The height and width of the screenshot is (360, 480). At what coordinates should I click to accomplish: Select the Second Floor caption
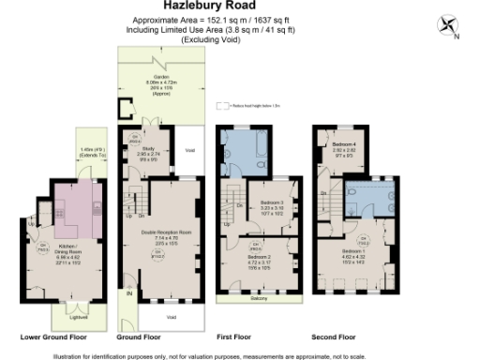click(334, 336)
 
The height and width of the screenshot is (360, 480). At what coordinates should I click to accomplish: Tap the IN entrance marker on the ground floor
click(129, 293)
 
